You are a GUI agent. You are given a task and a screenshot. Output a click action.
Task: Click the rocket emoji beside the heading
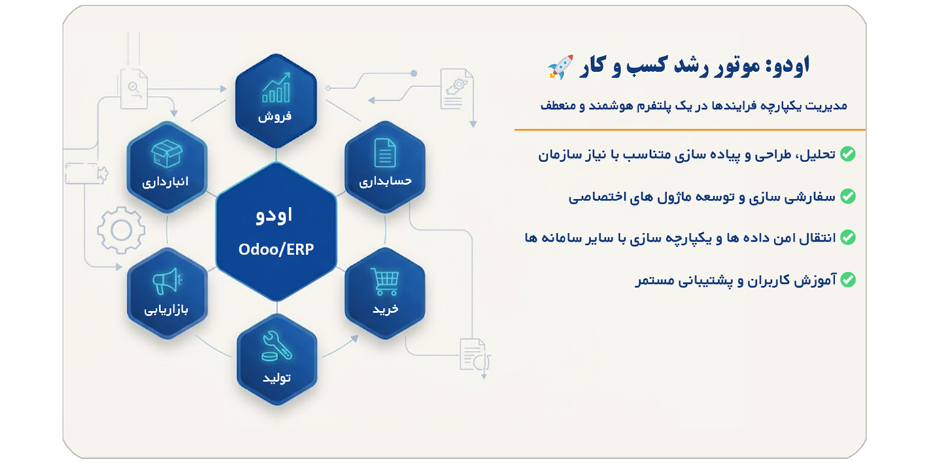[560, 67]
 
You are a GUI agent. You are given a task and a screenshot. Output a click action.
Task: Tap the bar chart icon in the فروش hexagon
[276, 88]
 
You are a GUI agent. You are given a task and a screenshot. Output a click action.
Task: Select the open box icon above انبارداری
[167, 153]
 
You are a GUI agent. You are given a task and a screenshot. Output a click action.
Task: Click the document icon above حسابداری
[385, 153]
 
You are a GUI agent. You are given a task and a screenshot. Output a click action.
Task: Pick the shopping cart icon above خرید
[384, 281]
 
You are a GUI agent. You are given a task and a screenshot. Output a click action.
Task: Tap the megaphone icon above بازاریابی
[167, 281]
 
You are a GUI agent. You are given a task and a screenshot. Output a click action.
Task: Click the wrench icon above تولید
[277, 346]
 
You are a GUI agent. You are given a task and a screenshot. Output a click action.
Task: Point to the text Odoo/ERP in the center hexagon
[276, 249]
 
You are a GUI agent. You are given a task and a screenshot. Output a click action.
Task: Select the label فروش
[275, 116]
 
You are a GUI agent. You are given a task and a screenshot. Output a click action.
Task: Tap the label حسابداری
[386, 182]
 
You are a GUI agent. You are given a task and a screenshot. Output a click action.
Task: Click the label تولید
[277, 377]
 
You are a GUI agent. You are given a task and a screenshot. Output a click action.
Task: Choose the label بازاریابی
[167, 309]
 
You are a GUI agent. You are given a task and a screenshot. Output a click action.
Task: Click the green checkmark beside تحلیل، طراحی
[847, 154]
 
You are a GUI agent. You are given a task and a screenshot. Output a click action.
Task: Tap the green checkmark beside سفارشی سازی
[847, 196]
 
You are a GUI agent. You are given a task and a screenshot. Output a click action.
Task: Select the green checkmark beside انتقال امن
[847, 238]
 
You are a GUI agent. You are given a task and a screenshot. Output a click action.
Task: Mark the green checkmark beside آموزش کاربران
[847, 279]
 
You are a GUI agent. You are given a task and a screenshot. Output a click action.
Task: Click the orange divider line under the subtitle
[690, 129]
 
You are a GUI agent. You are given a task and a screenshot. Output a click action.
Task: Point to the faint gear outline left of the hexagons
[121, 230]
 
